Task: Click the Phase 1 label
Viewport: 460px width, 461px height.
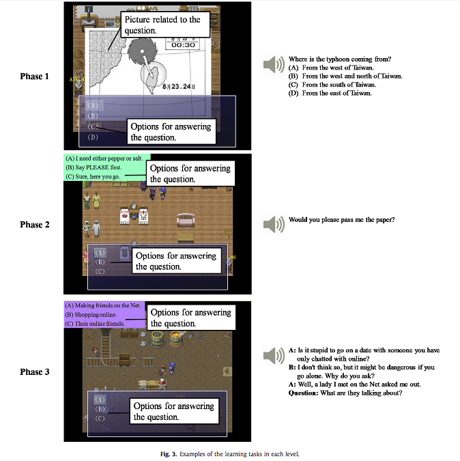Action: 35,76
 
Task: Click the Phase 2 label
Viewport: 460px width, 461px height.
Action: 35,225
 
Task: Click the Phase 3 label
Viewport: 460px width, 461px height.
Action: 35,373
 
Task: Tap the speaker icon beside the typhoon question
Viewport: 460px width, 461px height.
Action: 273,65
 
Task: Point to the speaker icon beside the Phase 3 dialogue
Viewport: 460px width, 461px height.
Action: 273,355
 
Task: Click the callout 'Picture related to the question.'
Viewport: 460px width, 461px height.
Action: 162,25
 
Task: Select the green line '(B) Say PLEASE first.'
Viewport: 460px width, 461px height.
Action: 95,167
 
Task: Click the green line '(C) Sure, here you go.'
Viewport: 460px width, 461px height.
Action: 95,176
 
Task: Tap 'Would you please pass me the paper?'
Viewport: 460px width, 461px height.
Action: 341,219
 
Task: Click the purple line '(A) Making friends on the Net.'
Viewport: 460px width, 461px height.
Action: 102,305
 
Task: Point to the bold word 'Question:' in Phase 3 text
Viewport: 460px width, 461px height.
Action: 303,393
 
